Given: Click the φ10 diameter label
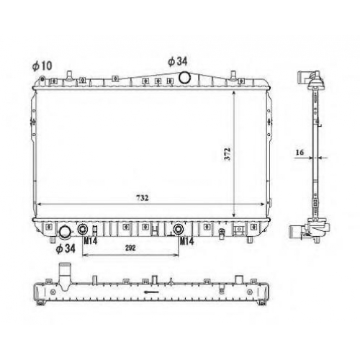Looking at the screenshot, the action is (42, 66).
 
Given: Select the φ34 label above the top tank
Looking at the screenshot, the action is (178, 61).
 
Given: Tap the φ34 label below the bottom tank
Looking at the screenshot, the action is (66, 248).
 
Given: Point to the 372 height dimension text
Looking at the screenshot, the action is (228, 154).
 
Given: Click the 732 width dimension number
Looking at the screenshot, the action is (143, 198).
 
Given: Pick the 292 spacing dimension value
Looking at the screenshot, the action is (130, 248).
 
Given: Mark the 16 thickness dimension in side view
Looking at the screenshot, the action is (300, 152).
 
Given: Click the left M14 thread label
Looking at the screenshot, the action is (91, 240).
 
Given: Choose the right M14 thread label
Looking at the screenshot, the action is (186, 241).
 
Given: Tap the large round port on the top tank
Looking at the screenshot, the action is (185, 78).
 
